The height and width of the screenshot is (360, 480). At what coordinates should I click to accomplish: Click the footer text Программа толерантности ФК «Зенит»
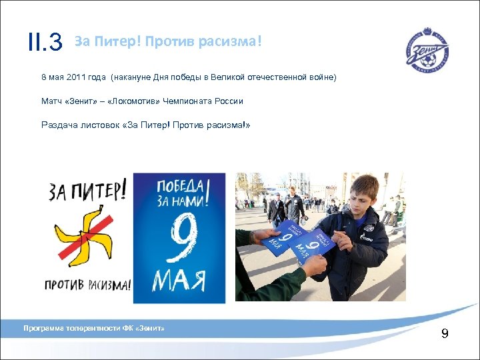93,328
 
